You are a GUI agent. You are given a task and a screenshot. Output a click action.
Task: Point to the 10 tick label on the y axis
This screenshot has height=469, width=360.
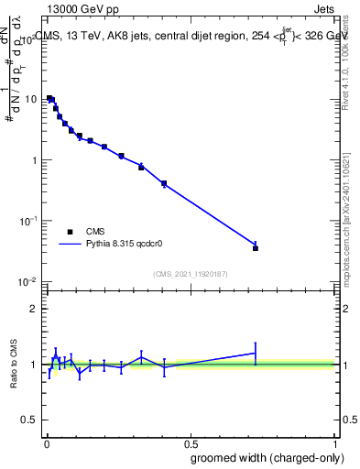coord(30,99)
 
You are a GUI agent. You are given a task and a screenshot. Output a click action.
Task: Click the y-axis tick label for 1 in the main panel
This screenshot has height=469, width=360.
coord(34,160)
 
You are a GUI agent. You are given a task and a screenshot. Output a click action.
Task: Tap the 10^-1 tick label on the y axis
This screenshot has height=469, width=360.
coord(28,221)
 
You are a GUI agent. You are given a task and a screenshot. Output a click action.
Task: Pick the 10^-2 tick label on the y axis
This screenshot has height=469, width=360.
coord(28,281)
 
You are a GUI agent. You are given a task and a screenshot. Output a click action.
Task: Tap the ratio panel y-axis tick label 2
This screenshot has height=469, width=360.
coord(34,309)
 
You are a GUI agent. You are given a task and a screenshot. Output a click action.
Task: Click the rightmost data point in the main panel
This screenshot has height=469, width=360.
coord(256,248)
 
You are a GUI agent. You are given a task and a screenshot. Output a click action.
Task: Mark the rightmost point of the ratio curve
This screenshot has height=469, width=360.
coord(256,353)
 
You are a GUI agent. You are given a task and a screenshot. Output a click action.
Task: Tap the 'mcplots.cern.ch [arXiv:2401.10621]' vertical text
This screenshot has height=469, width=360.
coord(349,211)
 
